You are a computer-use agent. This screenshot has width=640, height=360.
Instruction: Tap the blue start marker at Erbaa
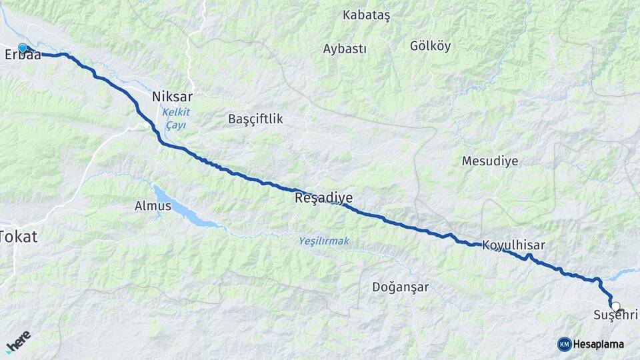(x=23, y=48)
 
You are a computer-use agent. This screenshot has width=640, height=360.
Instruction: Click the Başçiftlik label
(x=255, y=119)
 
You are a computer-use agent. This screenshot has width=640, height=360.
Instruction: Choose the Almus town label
(x=153, y=206)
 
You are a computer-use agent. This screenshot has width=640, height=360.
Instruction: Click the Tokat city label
(x=19, y=236)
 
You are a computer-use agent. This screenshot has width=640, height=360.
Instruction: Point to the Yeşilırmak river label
(x=324, y=241)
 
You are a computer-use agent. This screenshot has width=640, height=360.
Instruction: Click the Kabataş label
(x=366, y=14)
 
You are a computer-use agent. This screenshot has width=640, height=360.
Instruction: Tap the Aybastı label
(x=345, y=49)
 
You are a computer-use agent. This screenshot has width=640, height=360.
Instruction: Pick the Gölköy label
(x=431, y=46)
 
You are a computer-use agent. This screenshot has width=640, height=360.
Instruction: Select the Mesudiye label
(x=490, y=161)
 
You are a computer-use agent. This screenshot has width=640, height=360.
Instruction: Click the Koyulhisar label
(x=513, y=245)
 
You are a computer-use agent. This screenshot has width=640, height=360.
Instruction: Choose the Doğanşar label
(x=400, y=287)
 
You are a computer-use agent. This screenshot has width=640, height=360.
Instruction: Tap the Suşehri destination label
(x=615, y=315)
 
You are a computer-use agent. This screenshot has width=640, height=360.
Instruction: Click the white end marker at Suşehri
(x=615, y=306)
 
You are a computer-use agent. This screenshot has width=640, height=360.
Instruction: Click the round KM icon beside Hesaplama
(x=564, y=344)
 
